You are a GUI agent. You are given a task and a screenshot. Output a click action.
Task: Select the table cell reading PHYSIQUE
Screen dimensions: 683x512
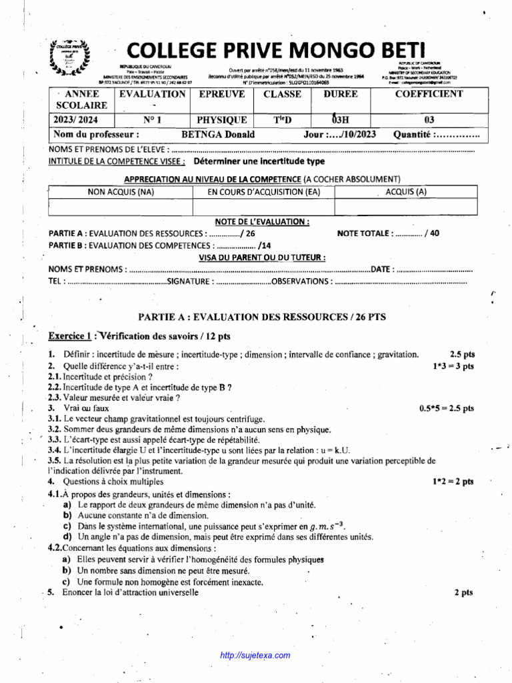click(222, 120)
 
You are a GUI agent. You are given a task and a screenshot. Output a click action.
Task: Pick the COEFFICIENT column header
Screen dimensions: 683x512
click(429, 94)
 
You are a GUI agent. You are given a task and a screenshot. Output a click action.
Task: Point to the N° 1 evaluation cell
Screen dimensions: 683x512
click(151, 120)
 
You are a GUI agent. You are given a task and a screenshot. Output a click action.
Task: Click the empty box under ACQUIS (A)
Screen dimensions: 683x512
click(406, 207)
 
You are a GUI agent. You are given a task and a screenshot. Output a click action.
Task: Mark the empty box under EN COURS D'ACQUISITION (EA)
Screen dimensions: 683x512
click(263, 207)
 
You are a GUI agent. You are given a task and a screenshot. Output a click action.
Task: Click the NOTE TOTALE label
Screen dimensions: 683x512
click(364, 233)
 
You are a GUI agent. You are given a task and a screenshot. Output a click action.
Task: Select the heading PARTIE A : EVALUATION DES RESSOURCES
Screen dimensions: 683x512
click(261, 317)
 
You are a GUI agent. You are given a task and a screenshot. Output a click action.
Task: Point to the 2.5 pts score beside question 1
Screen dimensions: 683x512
click(462, 354)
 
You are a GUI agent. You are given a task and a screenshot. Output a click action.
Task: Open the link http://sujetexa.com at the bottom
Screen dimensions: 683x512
click(255, 656)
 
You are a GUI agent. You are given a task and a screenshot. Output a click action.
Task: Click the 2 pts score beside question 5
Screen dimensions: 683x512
click(463, 592)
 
